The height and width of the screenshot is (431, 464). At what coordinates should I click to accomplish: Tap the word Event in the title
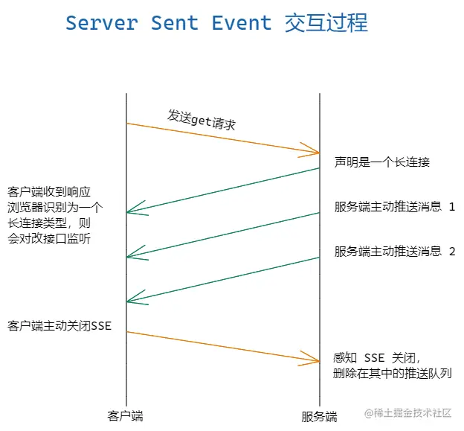pos(242,23)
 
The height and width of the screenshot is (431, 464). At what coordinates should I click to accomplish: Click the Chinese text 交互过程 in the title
pos(326,23)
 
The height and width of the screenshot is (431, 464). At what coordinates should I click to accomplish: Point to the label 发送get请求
pos(202,120)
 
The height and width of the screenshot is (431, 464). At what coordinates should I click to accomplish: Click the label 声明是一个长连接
pos(382,162)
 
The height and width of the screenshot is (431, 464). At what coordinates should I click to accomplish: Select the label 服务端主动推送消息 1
pos(395,206)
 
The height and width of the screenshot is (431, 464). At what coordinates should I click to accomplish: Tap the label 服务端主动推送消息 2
pos(395,251)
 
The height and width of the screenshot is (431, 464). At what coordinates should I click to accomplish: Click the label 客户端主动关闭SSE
pos(59,325)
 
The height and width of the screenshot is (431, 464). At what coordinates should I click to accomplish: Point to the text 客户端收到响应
pos(49,192)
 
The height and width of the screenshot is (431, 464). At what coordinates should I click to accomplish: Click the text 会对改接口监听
pos(49,237)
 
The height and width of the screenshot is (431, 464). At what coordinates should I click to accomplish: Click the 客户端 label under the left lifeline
pos(125,416)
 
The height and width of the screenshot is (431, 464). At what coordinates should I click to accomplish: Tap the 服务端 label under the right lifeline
pos(320,416)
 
